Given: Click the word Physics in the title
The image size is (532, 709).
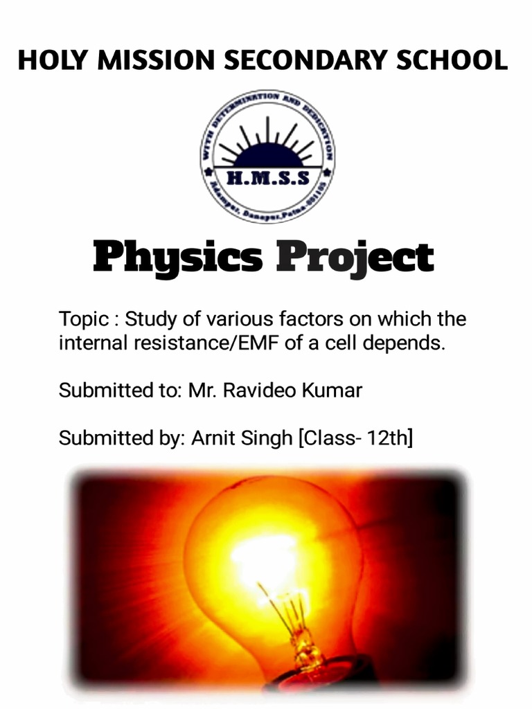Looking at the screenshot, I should coord(177,258).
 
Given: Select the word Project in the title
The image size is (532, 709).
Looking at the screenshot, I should coord(355,258).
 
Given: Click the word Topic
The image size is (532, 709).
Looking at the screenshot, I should coord(84,320).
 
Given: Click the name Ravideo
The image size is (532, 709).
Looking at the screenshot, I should coord(260,390).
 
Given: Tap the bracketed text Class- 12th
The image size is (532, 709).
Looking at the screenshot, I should coord(355,438).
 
